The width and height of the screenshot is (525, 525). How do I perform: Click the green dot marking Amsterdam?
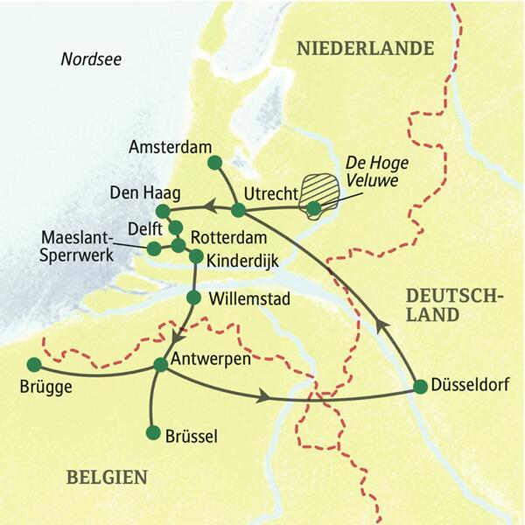214,162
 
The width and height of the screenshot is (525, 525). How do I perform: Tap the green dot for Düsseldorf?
420,386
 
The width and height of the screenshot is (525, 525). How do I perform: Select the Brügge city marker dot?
34,364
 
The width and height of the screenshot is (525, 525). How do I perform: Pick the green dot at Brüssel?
153,433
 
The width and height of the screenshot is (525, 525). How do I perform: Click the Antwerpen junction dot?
161,364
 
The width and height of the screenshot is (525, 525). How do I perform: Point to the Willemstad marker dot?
194,297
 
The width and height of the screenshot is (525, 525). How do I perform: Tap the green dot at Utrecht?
237,209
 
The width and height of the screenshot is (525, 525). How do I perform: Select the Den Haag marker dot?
163,211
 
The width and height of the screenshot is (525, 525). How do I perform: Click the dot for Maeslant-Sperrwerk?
154,248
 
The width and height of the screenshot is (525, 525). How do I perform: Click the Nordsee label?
91,59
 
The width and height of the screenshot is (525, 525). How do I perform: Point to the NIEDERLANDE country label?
366,48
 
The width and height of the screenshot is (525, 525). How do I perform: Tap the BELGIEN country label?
105,477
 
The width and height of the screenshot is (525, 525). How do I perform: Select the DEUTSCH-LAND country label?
453,304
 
